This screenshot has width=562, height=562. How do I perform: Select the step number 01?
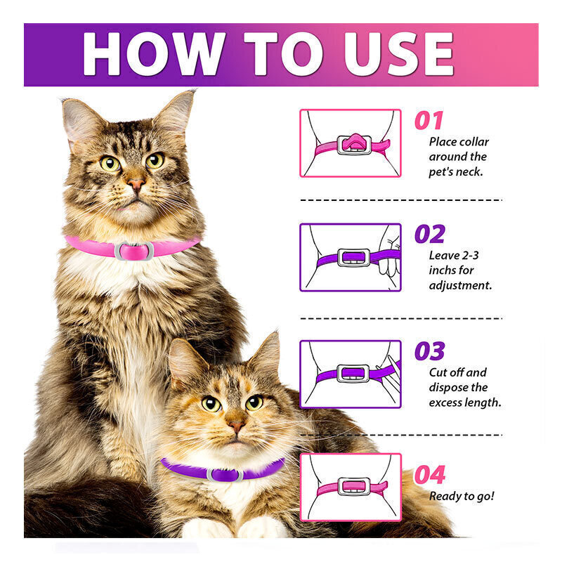point(429,120)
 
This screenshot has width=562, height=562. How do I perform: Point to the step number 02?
point(430,234)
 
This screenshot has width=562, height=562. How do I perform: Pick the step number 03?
point(430,351)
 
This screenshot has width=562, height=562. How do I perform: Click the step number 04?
point(430,475)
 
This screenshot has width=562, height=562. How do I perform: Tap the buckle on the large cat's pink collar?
point(134,251)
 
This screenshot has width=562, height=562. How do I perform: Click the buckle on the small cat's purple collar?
point(225,475)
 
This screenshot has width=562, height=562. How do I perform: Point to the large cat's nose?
point(136,185)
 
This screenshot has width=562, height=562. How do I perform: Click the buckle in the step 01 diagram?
point(354,145)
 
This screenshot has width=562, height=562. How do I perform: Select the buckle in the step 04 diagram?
point(354,486)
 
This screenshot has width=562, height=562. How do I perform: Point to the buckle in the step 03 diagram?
point(353,374)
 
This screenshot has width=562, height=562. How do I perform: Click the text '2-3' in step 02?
point(470,255)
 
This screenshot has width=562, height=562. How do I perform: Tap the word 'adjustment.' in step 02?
point(460,286)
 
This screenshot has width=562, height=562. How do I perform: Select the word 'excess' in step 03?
point(445,403)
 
